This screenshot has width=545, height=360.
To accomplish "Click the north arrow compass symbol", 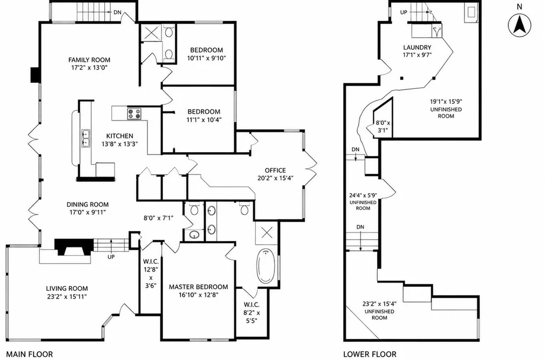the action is [520, 25].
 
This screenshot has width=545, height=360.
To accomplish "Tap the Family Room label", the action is [89, 60].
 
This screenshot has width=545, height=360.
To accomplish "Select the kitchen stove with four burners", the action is [135, 114].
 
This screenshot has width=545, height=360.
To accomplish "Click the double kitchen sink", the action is [86, 138].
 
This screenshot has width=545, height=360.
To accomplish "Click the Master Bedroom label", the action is [199, 287].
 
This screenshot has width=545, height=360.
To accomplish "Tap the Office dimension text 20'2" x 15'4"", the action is [275, 178].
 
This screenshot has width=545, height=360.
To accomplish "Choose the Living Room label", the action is [67, 288].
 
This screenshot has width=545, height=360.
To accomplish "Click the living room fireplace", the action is [74, 248].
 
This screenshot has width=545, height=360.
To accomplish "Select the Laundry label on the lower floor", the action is [417, 47].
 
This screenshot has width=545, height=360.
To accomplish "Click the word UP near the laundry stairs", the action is [404, 12].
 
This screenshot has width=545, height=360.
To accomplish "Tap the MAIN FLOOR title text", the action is [30, 354].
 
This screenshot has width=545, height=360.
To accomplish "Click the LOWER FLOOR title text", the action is [370, 354].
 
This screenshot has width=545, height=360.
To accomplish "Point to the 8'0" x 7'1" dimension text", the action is [159, 218].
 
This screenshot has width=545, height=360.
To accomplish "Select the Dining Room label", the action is [88, 204].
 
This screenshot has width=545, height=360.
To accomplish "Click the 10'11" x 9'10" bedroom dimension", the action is [207, 58].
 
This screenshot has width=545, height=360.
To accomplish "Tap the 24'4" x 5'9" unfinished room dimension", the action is [363, 195].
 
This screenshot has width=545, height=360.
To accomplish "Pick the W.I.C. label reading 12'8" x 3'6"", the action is [151, 274].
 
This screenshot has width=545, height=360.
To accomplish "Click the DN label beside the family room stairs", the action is [117, 12].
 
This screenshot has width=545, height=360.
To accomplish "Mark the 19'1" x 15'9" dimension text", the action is [446, 102].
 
